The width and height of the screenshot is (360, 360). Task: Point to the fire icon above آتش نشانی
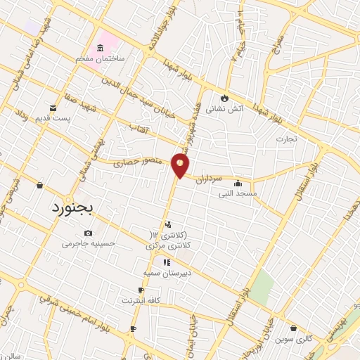(x=224, y=97)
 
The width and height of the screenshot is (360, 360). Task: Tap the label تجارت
(x=286, y=139)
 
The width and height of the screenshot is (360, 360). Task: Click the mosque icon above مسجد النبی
(x=238, y=182)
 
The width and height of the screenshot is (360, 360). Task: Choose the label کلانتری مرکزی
(x=169, y=247)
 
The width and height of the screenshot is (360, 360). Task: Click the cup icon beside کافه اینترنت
(x=141, y=290)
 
